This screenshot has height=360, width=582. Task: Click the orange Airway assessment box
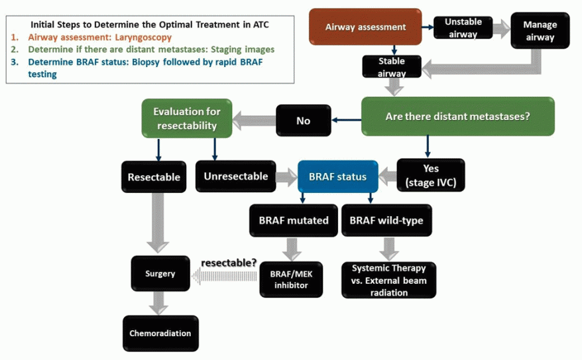coord(365,27)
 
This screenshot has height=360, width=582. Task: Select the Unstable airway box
coord(463,28)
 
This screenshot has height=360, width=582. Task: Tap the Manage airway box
coord(540,31)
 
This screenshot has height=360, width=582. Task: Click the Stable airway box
coord(391,67)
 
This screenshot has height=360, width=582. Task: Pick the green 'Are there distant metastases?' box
coord(457,117)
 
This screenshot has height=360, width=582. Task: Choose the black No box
coord(304,121)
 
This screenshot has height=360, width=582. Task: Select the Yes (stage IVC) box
coord(431,176)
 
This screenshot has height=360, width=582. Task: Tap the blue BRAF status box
coord(337,176)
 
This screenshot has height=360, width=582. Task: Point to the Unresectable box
coord(236,176)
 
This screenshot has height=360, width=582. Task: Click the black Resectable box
coord(154,177)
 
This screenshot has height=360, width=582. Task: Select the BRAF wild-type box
coord(386,220)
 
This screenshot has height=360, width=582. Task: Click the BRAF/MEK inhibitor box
coord(292,279)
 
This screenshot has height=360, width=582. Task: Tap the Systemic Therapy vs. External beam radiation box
coord(389,280)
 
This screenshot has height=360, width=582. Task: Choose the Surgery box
coord(160,273)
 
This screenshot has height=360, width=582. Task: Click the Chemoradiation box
coord(160,333)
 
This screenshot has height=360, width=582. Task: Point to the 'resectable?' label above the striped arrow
coord(229,263)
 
